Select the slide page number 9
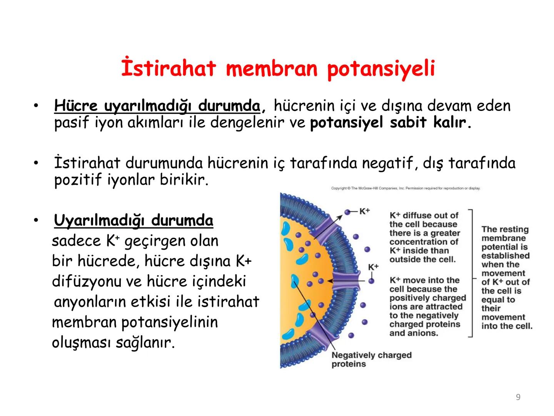pos(518,397)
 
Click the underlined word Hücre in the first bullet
pos(76,106)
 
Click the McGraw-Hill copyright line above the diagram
pos(405,188)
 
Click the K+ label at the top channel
pos(364,211)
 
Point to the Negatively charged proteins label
pos(371,359)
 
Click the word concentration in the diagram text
pos(416,242)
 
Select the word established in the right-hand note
pos(505,256)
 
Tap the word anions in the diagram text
pos(426,333)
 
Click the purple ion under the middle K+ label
pos(371,281)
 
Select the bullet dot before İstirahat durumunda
pos(36,163)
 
